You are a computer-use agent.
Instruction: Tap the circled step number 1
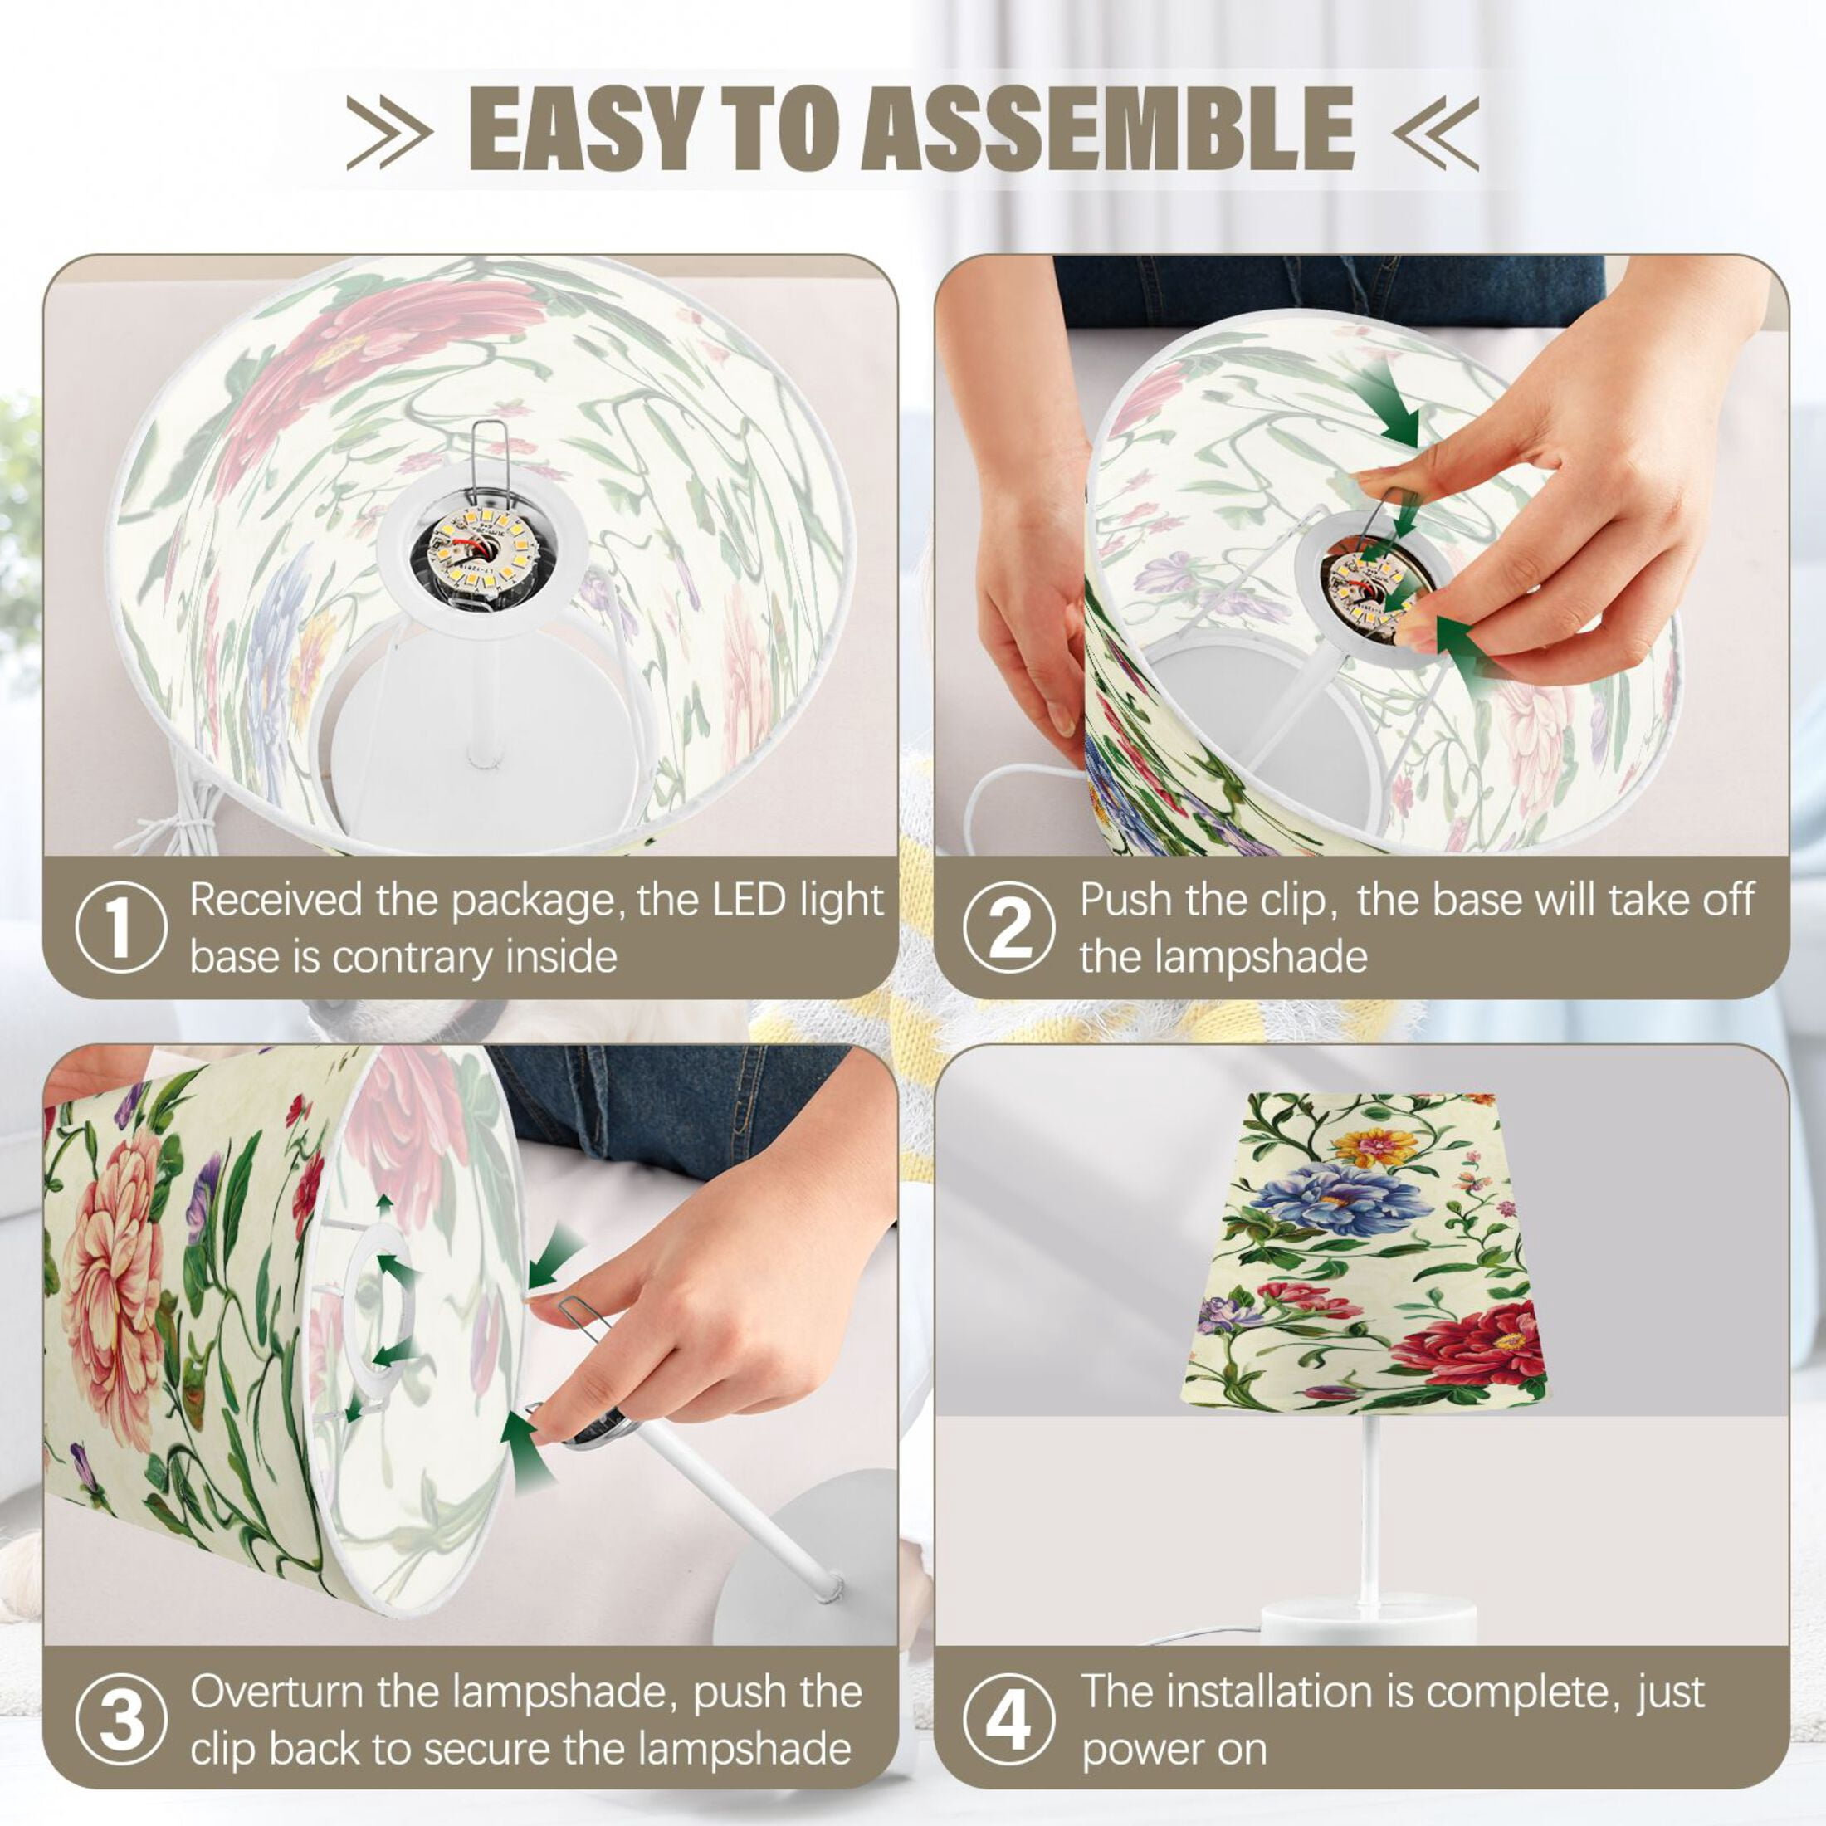(x=120, y=929)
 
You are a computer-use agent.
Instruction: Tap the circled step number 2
(x=1008, y=929)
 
